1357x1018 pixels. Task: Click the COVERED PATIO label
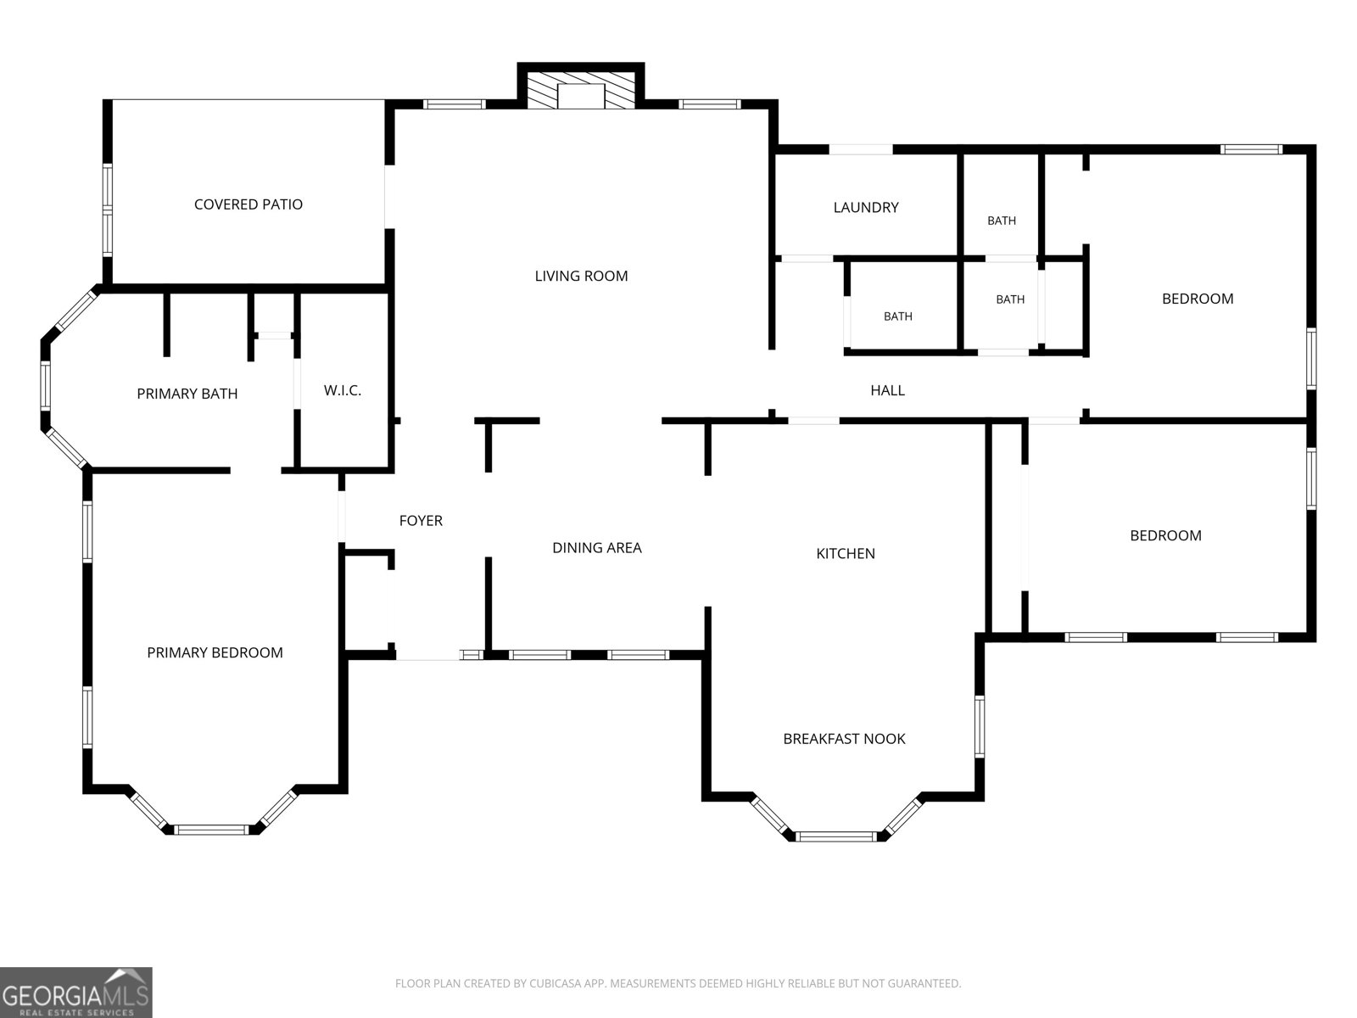tap(248, 204)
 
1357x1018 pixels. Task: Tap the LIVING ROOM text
tap(581, 277)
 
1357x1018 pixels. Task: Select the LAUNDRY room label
tap(866, 208)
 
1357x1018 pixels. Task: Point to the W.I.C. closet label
tap(343, 390)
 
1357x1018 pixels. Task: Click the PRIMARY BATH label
tap(187, 394)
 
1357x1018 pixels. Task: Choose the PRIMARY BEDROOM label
tap(215, 652)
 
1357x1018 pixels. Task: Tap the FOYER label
tap(421, 521)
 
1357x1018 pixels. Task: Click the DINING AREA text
tap(596, 548)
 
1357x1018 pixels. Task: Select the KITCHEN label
tap(845, 554)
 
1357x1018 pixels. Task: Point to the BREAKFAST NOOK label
tap(844, 739)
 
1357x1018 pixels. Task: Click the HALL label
tap(887, 390)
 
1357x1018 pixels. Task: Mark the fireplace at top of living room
tap(580, 90)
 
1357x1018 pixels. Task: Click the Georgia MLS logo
tap(76, 992)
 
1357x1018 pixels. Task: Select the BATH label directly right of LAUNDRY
tap(1002, 221)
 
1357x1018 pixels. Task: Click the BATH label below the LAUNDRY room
tap(897, 316)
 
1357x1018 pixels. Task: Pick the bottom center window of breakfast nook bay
tap(836, 837)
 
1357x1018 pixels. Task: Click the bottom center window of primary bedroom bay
tap(211, 831)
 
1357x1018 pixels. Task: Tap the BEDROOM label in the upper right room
tap(1198, 299)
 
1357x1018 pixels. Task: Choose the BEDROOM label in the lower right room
tap(1165, 536)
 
